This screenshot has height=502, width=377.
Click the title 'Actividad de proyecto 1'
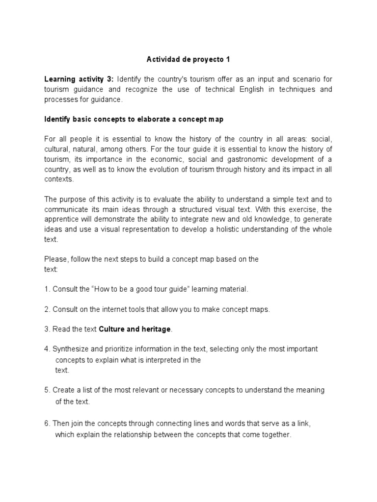click(x=188, y=60)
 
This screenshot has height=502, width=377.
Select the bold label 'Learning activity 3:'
click(x=79, y=79)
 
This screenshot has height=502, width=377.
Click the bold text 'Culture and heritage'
click(x=135, y=329)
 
